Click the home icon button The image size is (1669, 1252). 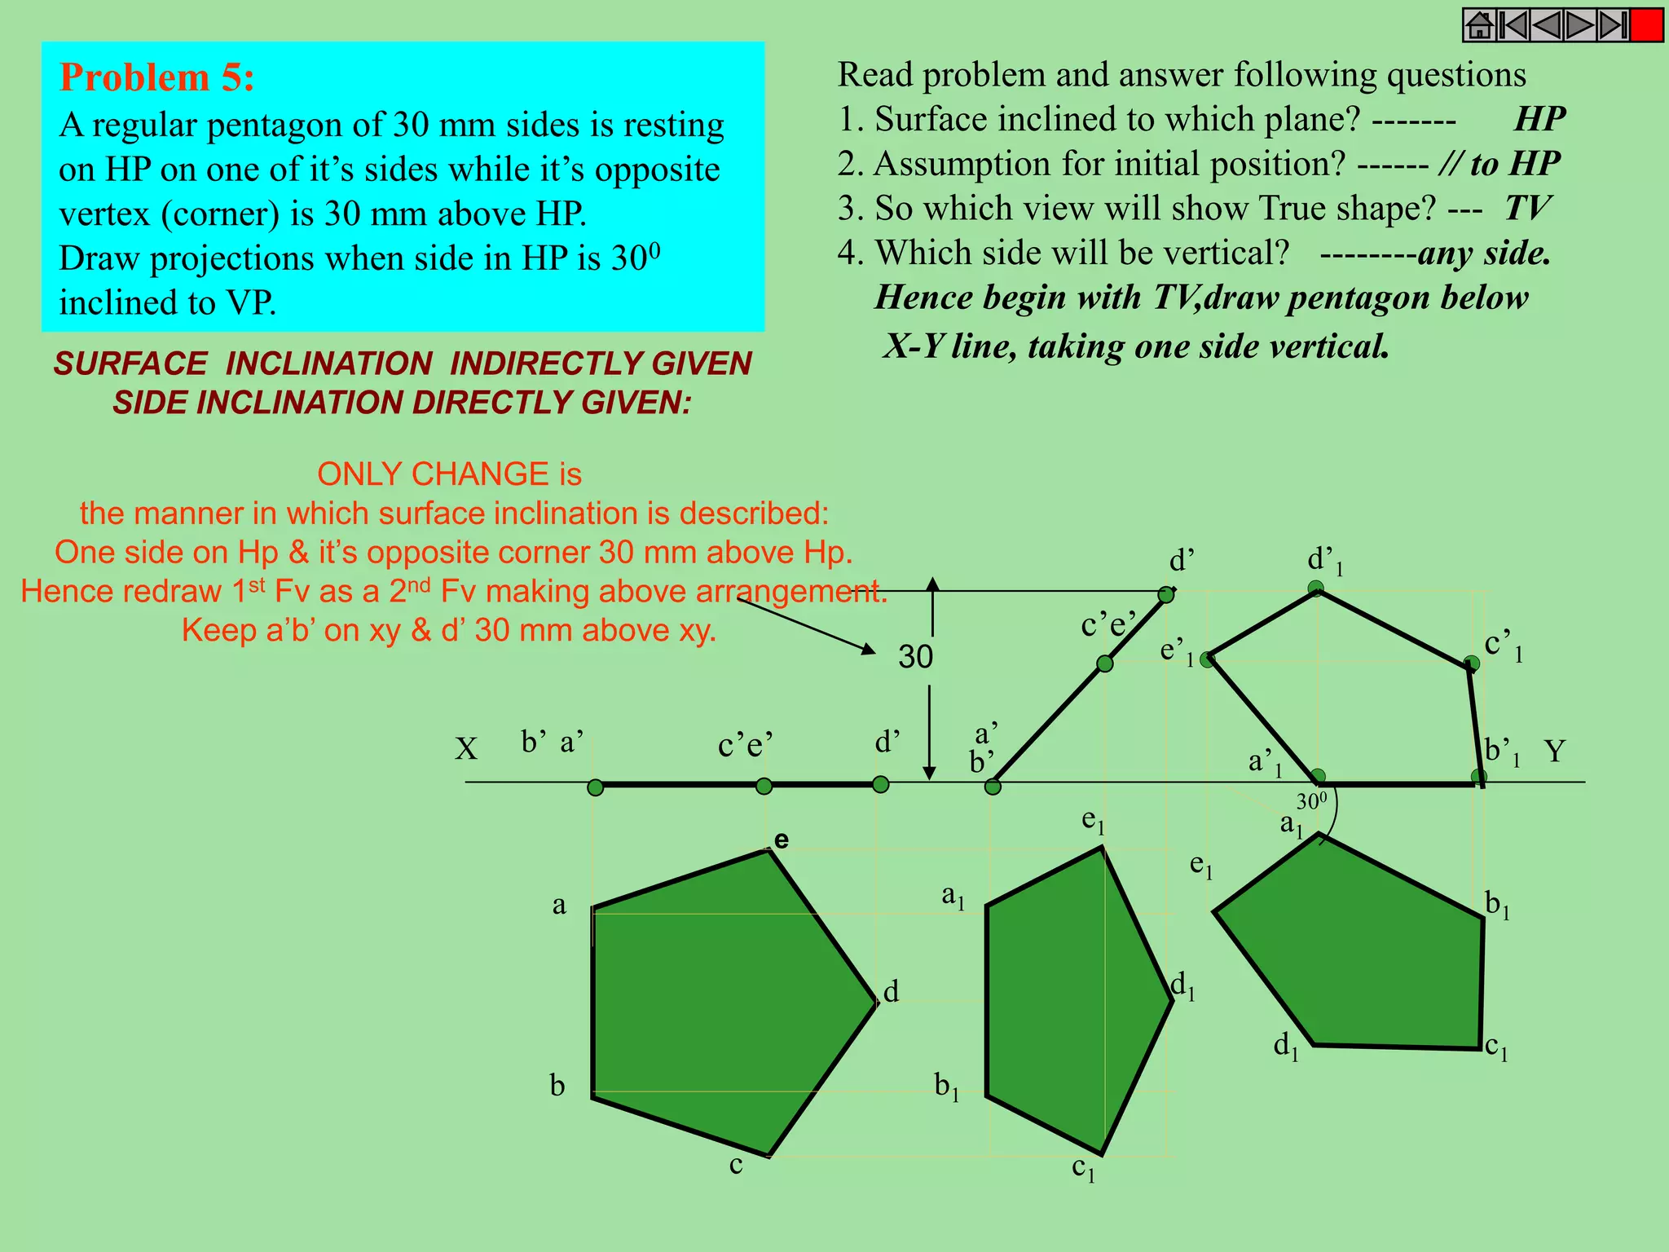click(x=1479, y=25)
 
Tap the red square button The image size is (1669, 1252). click(x=1647, y=25)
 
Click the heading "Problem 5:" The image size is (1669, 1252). click(x=157, y=77)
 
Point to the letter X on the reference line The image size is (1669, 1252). click(x=466, y=749)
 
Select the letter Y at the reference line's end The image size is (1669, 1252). click(x=1554, y=751)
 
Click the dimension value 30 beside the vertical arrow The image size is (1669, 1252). click(x=915, y=657)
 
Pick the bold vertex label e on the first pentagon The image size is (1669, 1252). click(x=782, y=840)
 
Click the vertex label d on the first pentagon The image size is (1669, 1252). click(x=892, y=992)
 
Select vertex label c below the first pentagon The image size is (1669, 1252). click(x=736, y=1165)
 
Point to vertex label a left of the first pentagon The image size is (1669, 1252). click(x=559, y=905)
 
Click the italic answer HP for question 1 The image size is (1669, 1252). click(x=1539, y=119)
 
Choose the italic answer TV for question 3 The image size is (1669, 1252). click(x=1526, y=208)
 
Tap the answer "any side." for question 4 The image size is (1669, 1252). click(x=1483, y=253)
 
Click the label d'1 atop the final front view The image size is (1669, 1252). click(x=1324, y=561)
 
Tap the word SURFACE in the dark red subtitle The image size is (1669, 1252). click(x=130, y=364)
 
